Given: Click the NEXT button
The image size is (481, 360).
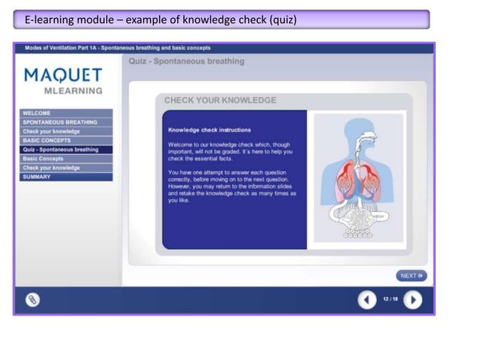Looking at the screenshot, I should point(412,276).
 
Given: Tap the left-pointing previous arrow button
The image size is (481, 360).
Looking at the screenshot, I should point(366,300).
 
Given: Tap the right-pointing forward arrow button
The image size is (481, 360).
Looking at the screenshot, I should point(412,300).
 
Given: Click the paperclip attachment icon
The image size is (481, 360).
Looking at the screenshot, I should point(32,300).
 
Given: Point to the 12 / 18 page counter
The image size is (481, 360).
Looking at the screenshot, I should point(390,300).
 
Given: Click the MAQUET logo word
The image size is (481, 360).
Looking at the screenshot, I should point(63,75).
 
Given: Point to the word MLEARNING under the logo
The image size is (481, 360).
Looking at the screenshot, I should point(73,91).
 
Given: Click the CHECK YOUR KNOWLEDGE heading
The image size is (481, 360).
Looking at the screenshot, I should point(220,100).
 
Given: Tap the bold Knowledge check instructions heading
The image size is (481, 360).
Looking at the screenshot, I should point(209,130).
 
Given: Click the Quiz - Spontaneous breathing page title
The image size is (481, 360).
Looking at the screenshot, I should point(187,61).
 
